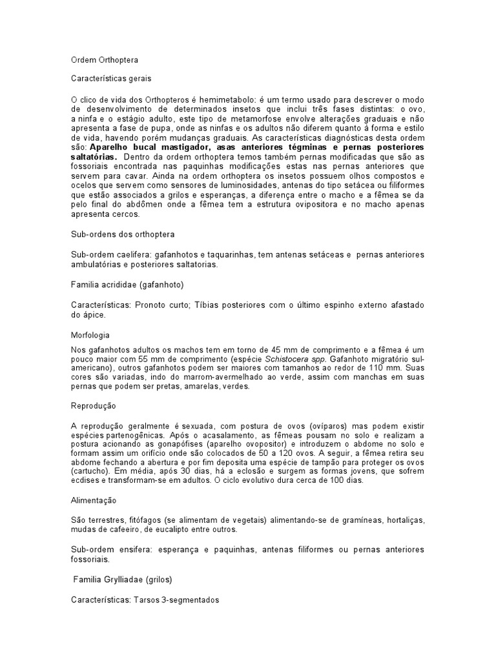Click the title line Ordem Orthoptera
[x=104, y=59]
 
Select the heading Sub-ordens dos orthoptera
[x=122, y=234]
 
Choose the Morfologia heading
[x=90, y=335]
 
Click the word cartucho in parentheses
[x=89, y=471]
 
